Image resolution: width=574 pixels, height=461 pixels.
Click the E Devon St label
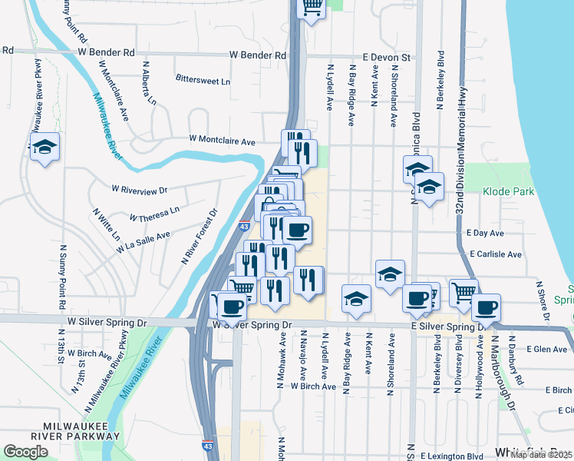click(388, 57)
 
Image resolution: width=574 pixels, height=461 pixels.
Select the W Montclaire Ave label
click(223, 141)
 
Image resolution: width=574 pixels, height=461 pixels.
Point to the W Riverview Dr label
click(139, 189)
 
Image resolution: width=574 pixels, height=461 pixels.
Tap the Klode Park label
click(508, 191)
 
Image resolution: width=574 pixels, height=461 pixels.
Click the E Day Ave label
click(484, 232)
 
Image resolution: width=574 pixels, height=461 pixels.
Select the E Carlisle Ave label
click(496, 254)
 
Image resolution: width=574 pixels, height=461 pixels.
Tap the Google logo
click(25, 452)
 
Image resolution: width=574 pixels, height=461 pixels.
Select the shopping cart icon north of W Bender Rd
click(311, 8)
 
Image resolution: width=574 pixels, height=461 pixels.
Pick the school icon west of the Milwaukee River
click(45, 146)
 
